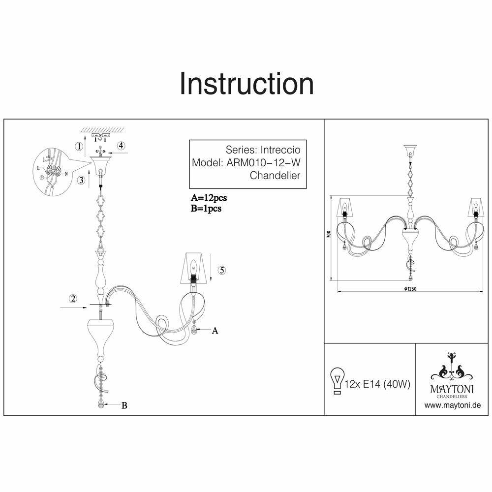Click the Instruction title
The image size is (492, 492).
(246, 84)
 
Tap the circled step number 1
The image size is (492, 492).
(78, 146)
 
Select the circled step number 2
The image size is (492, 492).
(73, 298)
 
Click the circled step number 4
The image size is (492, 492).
(121, 146)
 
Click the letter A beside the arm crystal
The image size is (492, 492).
(215, 331)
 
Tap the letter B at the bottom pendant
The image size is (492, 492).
(124, 405)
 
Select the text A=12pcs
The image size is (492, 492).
(209, 198)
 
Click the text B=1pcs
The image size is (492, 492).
(206, 208)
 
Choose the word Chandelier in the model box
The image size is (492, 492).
(275, 175)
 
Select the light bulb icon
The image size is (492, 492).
(338, 380)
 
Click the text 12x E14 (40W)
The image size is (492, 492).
(378, 384)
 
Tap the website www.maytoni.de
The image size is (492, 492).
(452, 405)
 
